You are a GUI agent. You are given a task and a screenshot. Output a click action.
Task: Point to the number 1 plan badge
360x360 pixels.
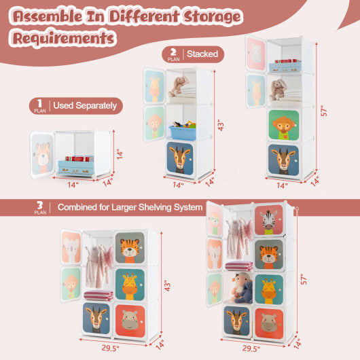(39, 105)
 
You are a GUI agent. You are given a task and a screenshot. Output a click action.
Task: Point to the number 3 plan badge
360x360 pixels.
(39, 207)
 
